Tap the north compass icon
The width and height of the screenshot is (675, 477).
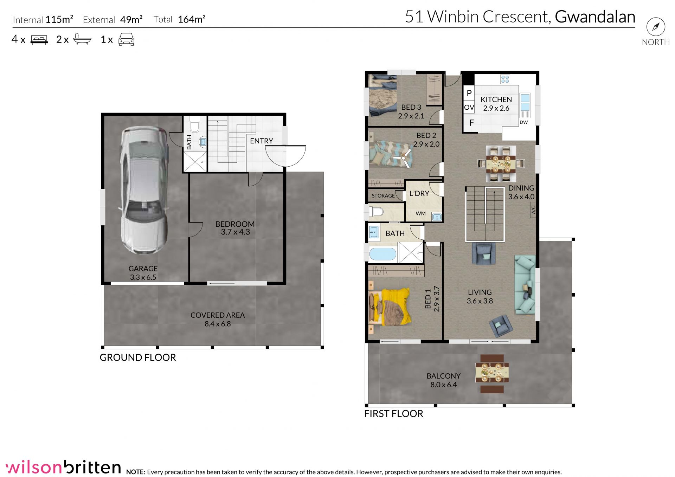tap(656, 27)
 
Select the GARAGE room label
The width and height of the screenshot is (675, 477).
tap(143, 269)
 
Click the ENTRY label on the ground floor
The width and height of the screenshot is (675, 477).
tap(262, 141)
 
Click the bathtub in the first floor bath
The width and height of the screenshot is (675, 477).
tap(382, 254)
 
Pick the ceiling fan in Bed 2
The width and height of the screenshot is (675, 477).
tap(403, 159)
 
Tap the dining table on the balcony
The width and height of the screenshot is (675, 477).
tap(492, 373)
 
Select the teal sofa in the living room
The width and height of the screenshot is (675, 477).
tap(525, 285)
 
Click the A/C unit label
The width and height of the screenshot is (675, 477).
tap(533, 210)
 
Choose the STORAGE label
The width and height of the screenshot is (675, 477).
tap(383, 196)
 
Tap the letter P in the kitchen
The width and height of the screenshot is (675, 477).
tap(469, 94)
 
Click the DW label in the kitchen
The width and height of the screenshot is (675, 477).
tap(524, 122)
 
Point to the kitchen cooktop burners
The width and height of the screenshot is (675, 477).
tap(505, 79)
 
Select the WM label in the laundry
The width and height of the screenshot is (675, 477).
tap(420, 213)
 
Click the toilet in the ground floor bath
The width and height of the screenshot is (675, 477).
tap(194, 124)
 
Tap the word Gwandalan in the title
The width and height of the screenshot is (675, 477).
tap(595, 17)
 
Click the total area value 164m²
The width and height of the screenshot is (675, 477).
tap(192, 19)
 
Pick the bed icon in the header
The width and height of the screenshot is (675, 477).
tap(39, 39)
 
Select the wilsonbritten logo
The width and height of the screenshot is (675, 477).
tap(64, 467)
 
